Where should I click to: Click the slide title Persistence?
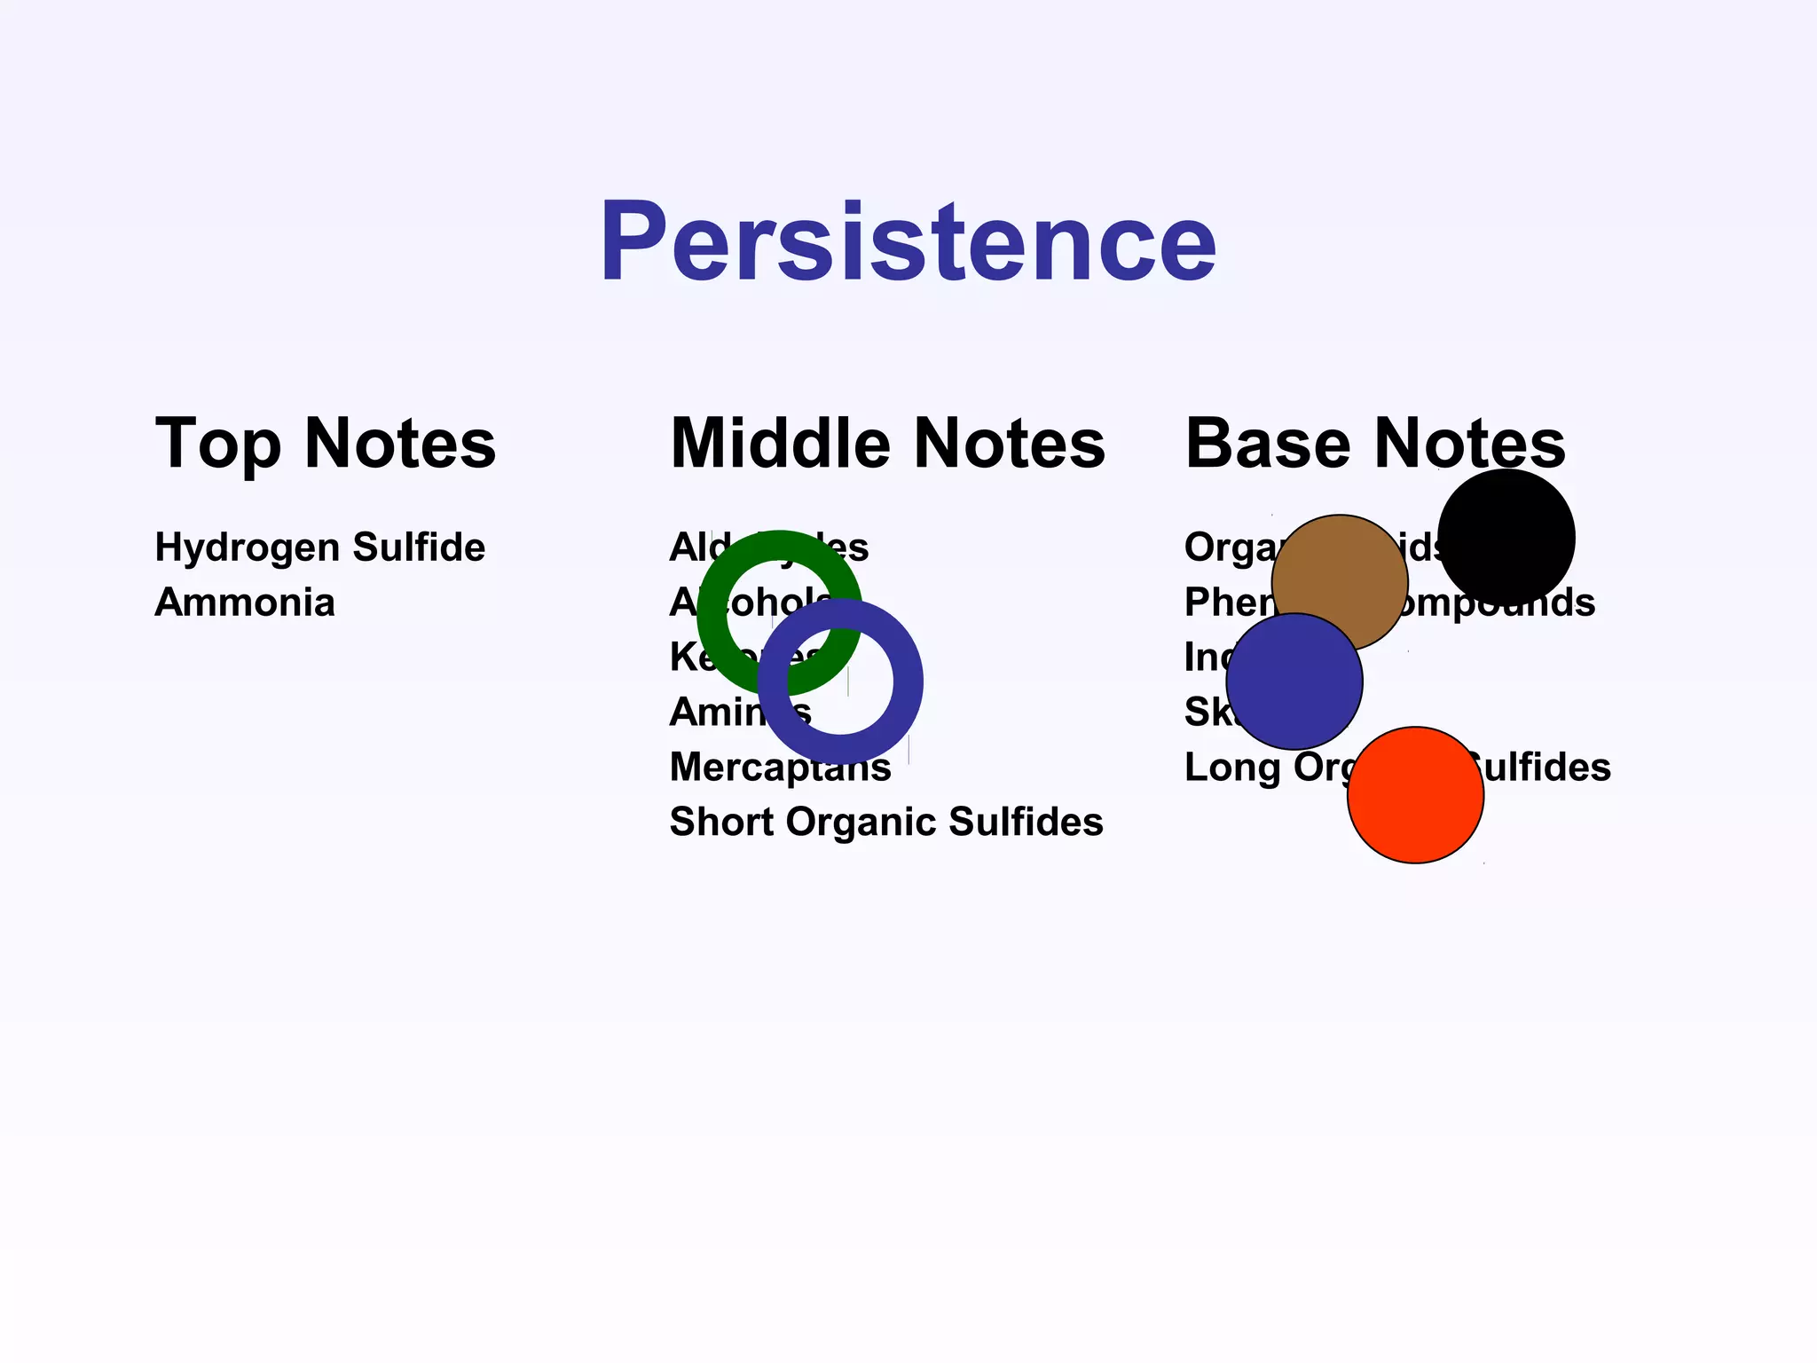point(908,242)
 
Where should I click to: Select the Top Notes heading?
point(325,443)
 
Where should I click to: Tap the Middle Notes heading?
point(887,443)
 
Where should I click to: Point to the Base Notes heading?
point(1375,443)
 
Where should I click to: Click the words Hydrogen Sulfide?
point(319,548)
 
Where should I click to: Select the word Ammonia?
point(245,603)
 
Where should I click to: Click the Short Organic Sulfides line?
point(885,822)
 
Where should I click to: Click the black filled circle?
point(1506,537)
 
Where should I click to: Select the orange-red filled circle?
point(1415,795)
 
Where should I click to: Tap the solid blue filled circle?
point(1294,681)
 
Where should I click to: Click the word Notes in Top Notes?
point(399,443)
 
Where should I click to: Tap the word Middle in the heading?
point(779,443)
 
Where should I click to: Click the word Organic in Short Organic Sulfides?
point(860,822)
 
